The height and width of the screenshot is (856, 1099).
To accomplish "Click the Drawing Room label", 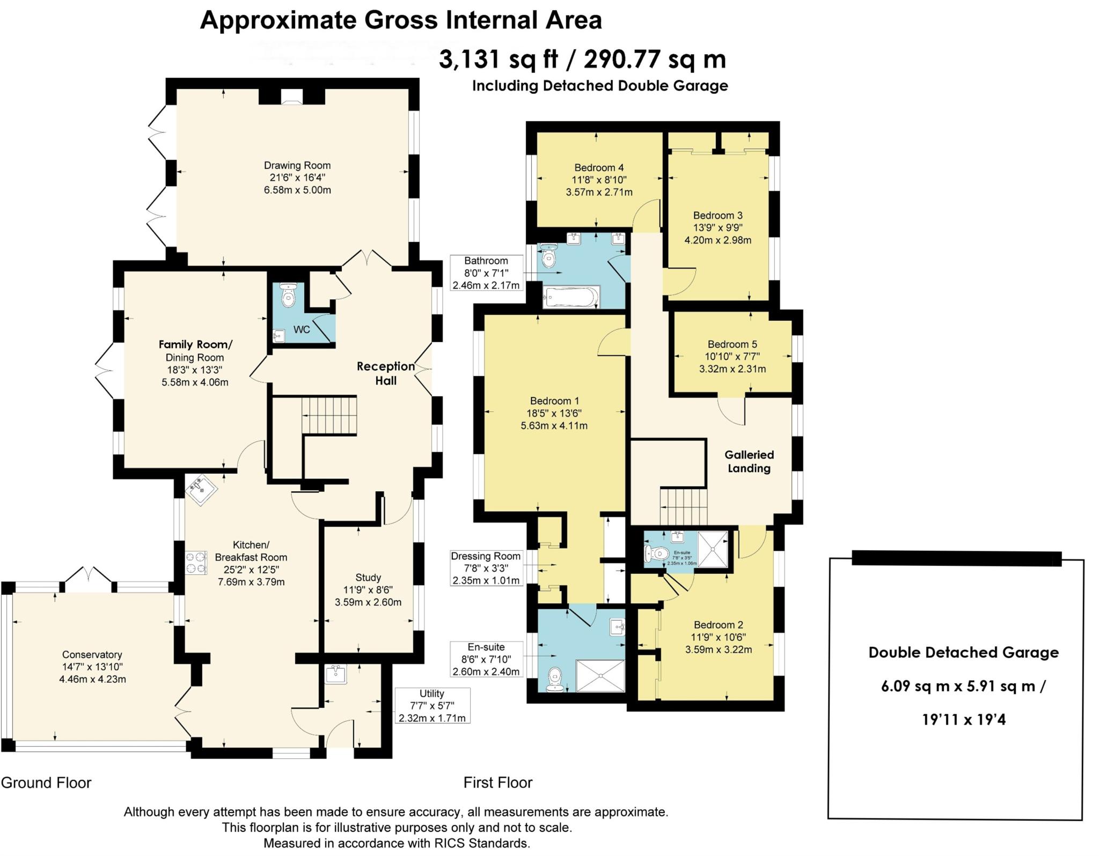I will coord(297,166).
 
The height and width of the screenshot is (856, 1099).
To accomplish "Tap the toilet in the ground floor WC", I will coord(288,295).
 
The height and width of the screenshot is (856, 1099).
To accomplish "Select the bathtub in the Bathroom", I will coord(571,297).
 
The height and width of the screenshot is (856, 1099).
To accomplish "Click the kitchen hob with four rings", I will coord(196,563).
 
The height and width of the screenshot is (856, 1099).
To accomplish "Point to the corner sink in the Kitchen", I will coord(201,489).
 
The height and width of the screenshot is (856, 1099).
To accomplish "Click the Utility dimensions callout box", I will coord(432,705).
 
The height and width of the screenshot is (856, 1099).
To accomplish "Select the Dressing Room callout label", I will coord(486,556).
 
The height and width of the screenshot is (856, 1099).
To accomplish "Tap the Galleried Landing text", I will coord(749,461).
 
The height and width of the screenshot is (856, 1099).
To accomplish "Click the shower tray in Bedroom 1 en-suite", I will coord(600,676).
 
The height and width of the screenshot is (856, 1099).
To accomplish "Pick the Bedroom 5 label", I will coord(732,344).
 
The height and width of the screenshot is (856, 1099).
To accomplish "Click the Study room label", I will coord(368,578).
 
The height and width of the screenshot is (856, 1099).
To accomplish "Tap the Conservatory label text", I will coord(92,654).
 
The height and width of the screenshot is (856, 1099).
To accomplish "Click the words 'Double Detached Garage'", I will coord(963,653).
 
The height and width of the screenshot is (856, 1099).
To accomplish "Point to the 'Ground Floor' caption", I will coord(46,783).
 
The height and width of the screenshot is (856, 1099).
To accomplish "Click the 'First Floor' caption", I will coord(497,783).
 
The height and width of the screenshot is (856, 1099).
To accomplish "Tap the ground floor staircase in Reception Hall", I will coord(328,415).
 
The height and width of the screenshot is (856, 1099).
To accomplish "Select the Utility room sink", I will coord(336,674).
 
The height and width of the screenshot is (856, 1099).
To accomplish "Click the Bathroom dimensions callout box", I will coord(486,273).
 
